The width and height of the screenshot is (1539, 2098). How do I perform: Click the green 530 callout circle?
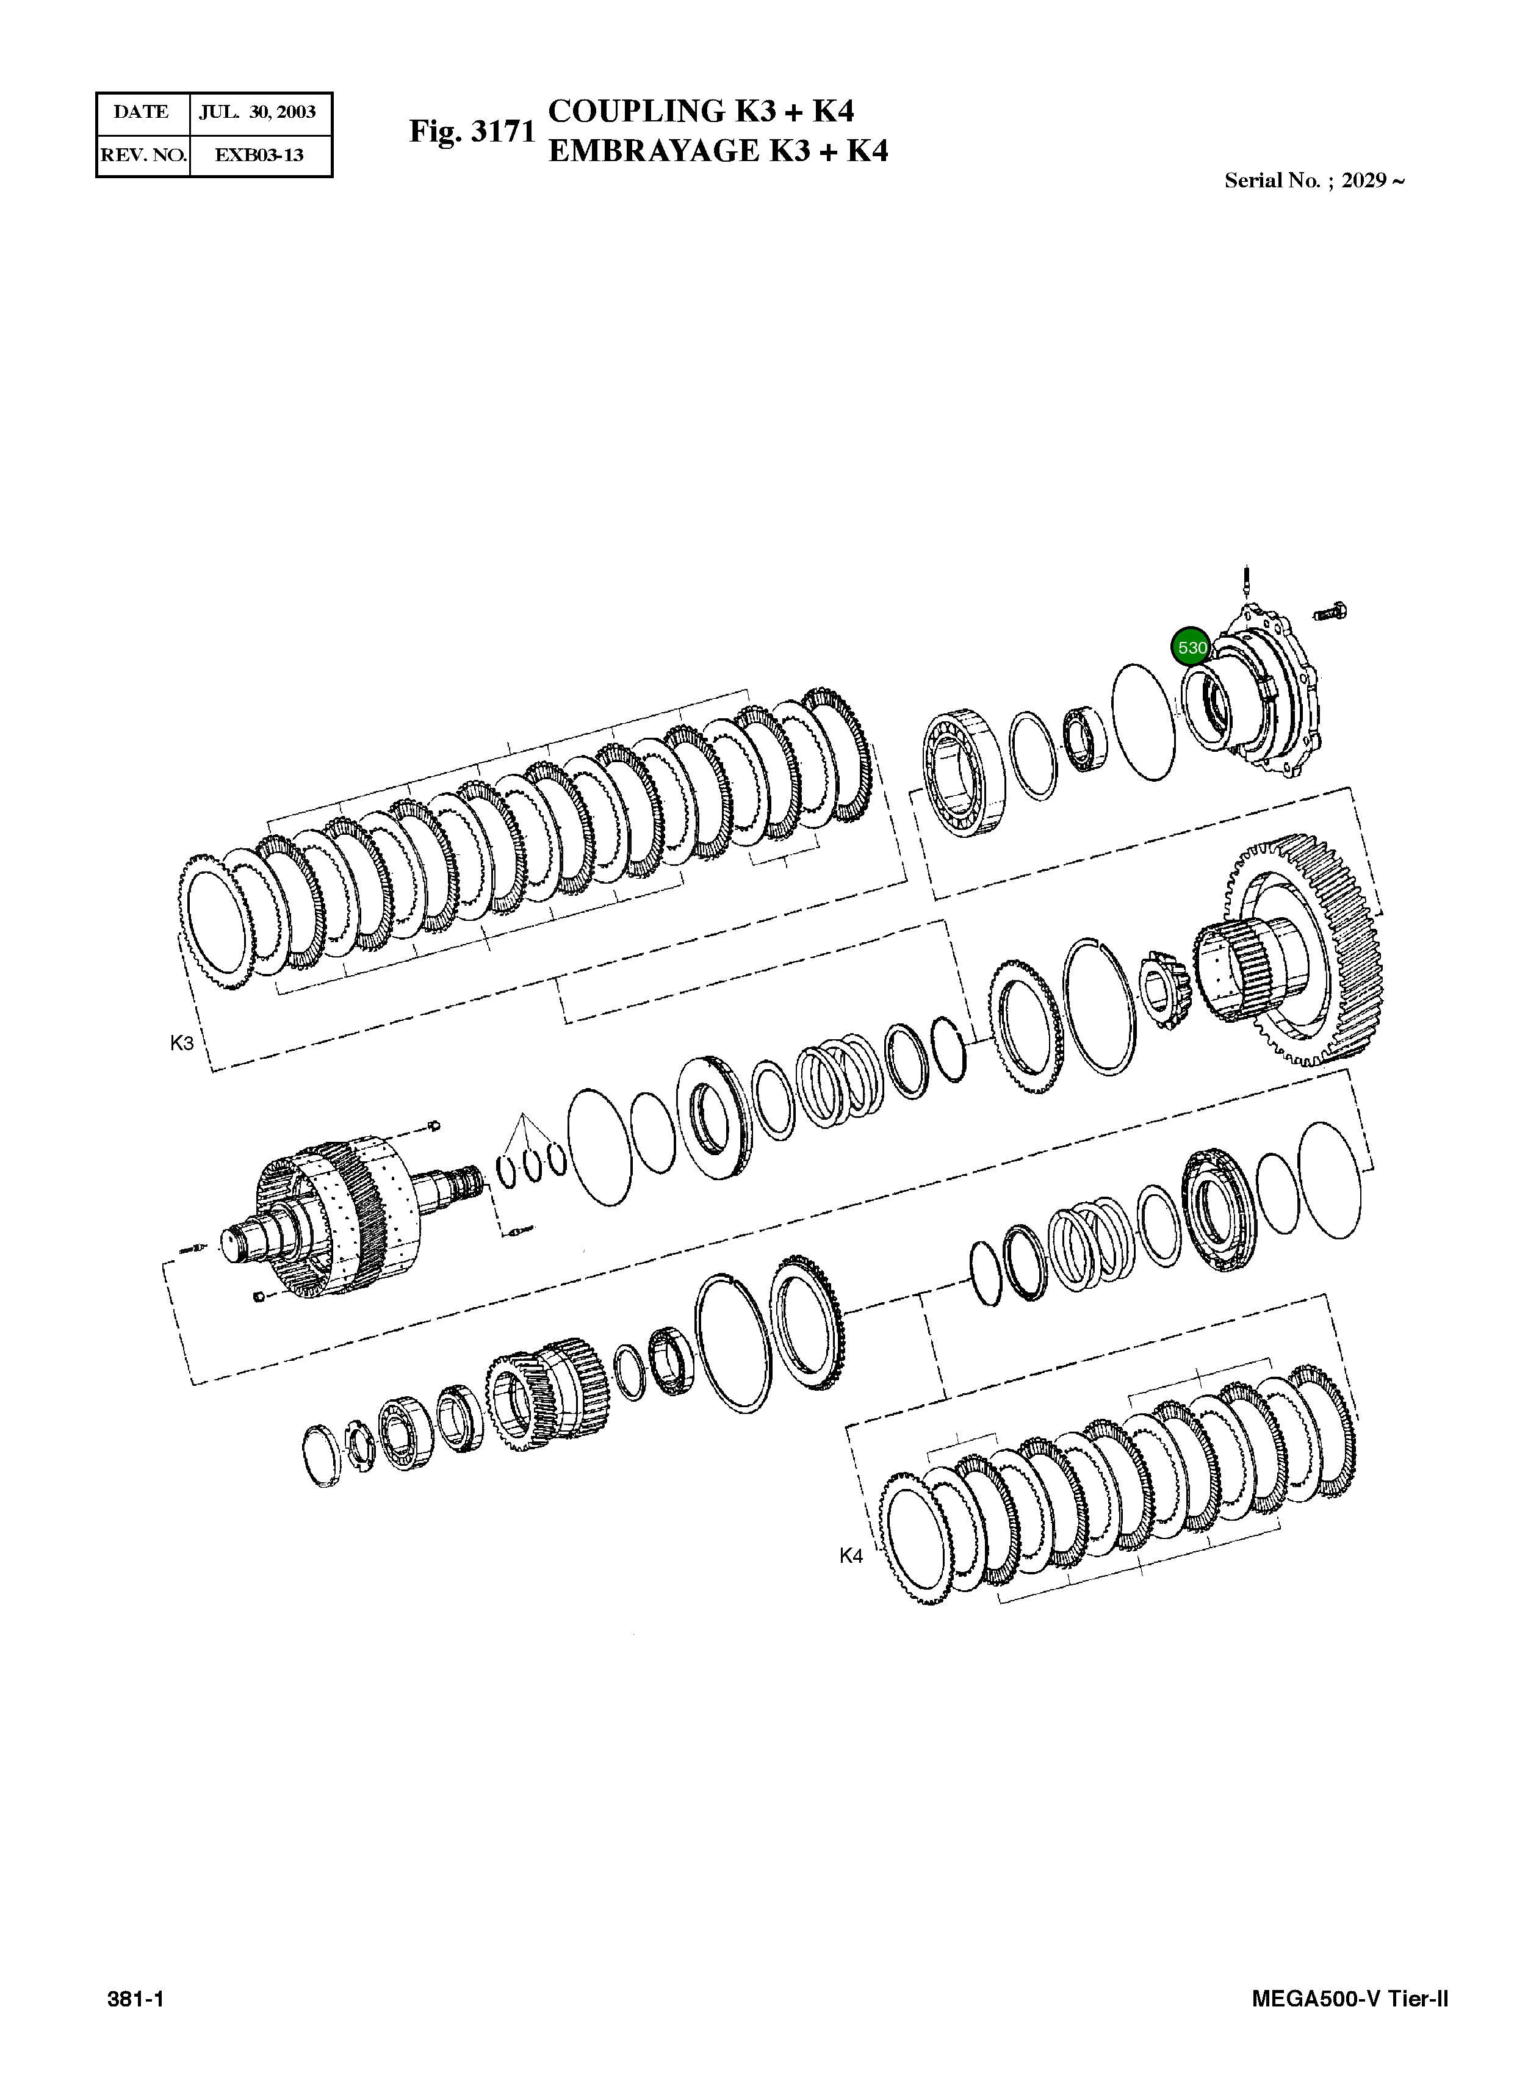[1192, 646]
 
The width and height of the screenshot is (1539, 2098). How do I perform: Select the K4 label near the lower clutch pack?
[851, 1555]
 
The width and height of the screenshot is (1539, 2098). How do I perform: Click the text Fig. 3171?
[472, 131]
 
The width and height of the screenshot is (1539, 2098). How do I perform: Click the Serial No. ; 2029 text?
[1314, 181]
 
